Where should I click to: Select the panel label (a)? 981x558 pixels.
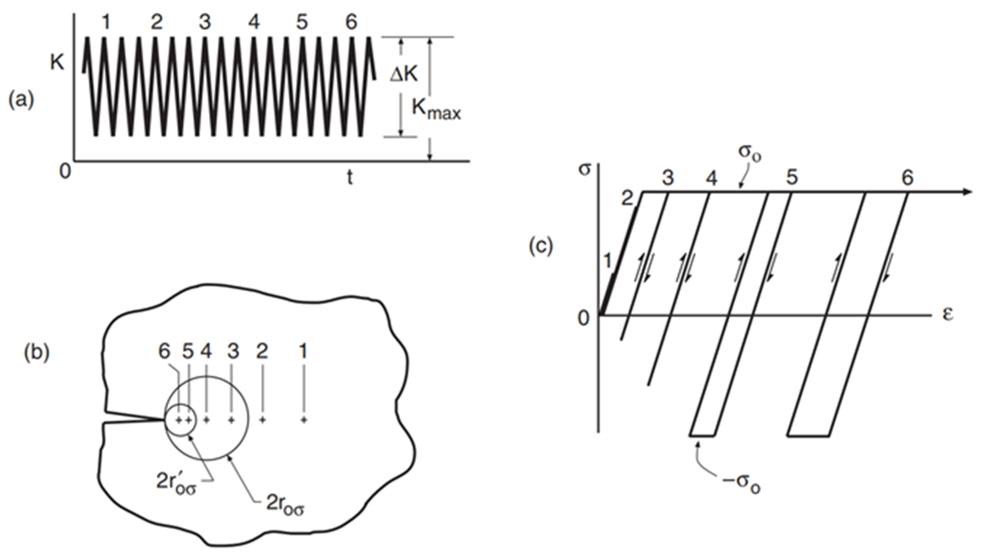pyautogui.click(x=21, y=100)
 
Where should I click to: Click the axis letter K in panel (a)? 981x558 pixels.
pyautogui.click(x=57, y=62)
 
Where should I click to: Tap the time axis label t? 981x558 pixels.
pyautogui.click(x=349, y=177)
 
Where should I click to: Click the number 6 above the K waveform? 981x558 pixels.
pyautogui.click(x=351, y=22)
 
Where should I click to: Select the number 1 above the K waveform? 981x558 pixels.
pyautogui.click(x=106, y=22)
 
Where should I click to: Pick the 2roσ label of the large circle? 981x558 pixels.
pyautogui.click(x=285, y=505)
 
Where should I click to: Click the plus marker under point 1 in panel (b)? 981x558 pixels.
pyautogui.click(x=304, y=420)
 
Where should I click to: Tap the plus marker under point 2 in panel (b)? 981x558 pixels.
pyautogui.click(x=263, y=420)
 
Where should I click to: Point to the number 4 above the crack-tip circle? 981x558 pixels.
pyautogui.click(x=206, y=351)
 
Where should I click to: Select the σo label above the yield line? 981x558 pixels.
pyautogui.click(x=750, y=154)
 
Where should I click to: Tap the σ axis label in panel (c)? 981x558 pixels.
pyautogui.click(x=584, y=169)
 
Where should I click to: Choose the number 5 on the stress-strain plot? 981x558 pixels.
pyautogui.click(x=792, y=177)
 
